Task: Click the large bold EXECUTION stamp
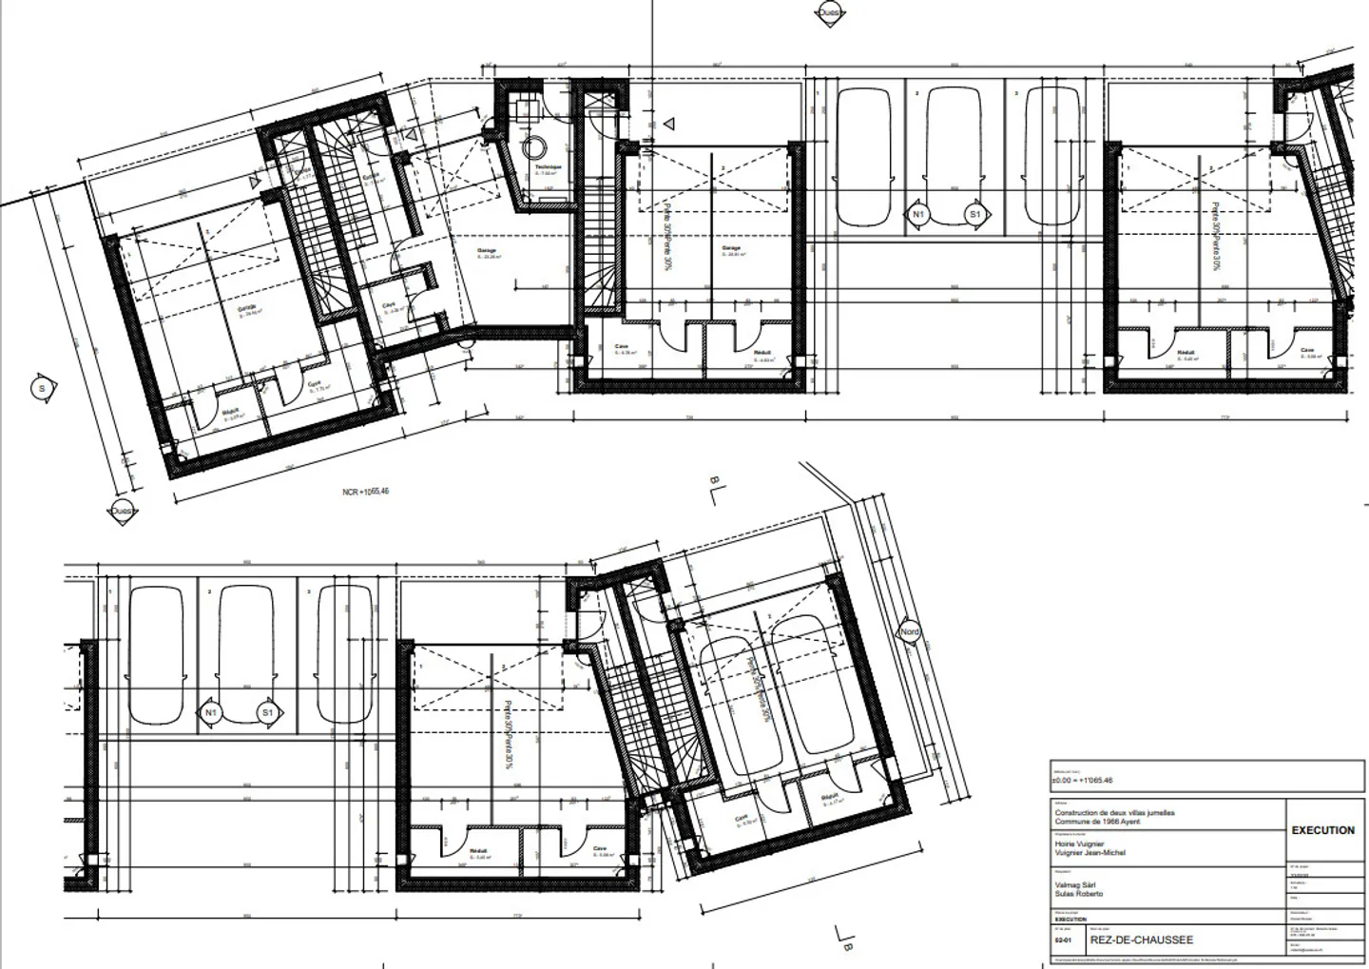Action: coord(1322,830)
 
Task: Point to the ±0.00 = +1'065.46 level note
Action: coord(1082,781)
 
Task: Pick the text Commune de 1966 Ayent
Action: coord(1097,822)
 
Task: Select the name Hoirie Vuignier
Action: coord(1079,843)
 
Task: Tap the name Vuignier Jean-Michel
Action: coord(1089,853)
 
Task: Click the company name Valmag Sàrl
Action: coord(1076,884)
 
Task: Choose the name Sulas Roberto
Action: coord(1079,894)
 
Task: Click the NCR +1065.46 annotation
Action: coord(366,492)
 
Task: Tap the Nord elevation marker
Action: coord(910,632)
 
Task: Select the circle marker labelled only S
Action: coord(42,388)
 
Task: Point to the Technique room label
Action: coord(548,167)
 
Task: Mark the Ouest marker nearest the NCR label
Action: coord(121,512)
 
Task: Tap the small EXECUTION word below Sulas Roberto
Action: coord(1070,920)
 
